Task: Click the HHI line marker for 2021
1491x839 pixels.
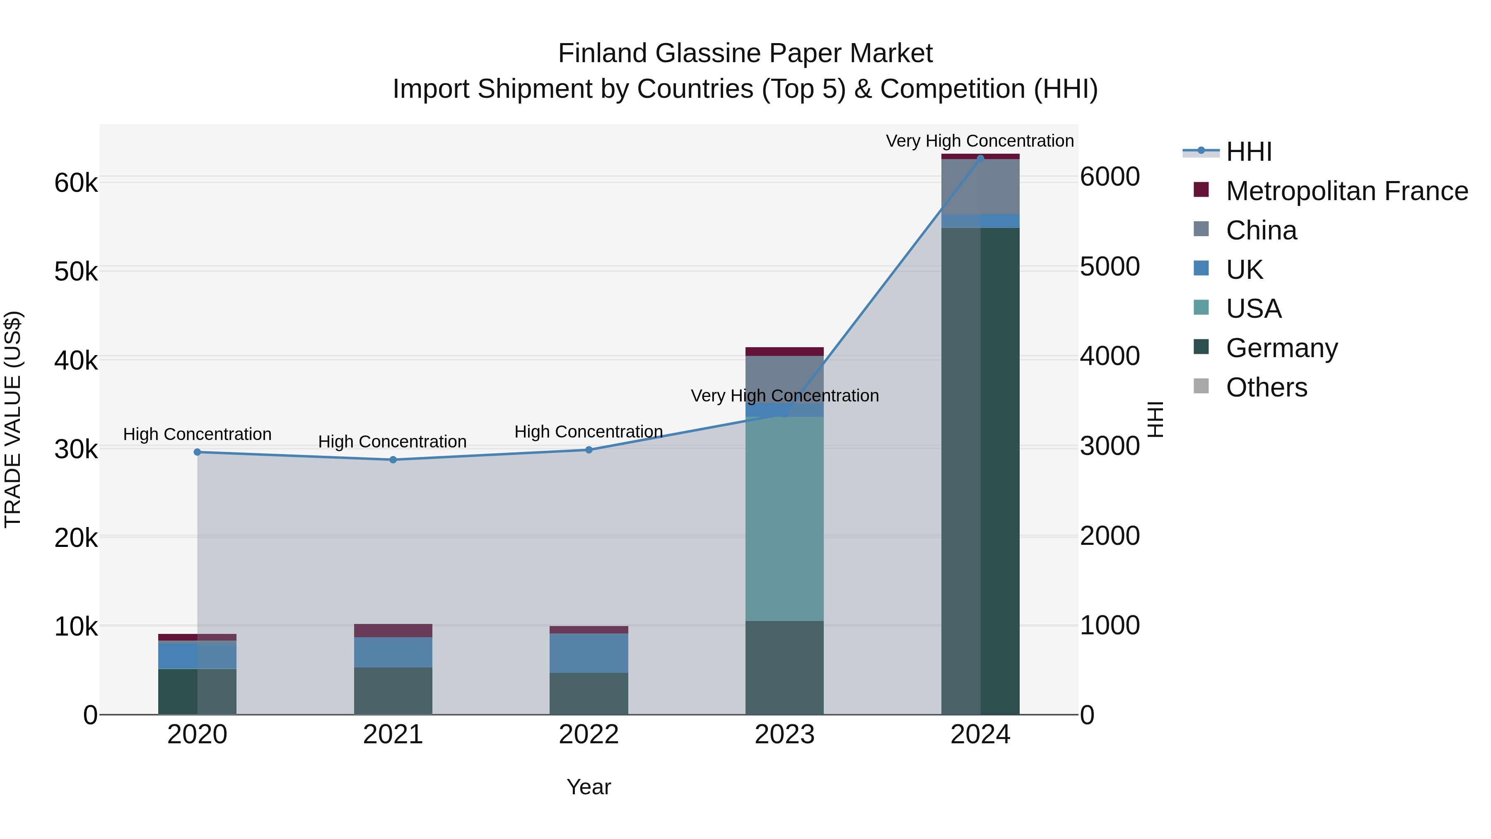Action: (x=393, y=460)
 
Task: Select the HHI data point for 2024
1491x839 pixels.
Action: (x=980, y=158)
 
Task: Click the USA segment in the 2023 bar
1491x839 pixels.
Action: (x=784, y=518)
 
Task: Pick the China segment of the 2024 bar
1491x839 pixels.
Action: (x=980, y=186)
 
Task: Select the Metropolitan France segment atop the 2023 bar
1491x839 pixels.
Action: (x=784, y=351)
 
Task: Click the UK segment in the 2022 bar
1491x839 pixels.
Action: (x=589, y=653)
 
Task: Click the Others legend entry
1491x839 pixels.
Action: (x=1267, y=387)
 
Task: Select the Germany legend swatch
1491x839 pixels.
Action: (x=1201, y=348)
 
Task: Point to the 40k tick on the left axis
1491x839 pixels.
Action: (x=76, y=361)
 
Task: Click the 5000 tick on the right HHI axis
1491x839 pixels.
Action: (x=1110, y=266)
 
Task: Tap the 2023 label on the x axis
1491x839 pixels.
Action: (x=784, y=735)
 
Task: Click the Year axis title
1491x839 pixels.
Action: (x=589, y=787)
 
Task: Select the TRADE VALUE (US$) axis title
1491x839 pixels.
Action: (x=13, y=419)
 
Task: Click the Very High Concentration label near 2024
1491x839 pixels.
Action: (x=980, y=141)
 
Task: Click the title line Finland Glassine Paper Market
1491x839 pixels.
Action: (x=745, y=53)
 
